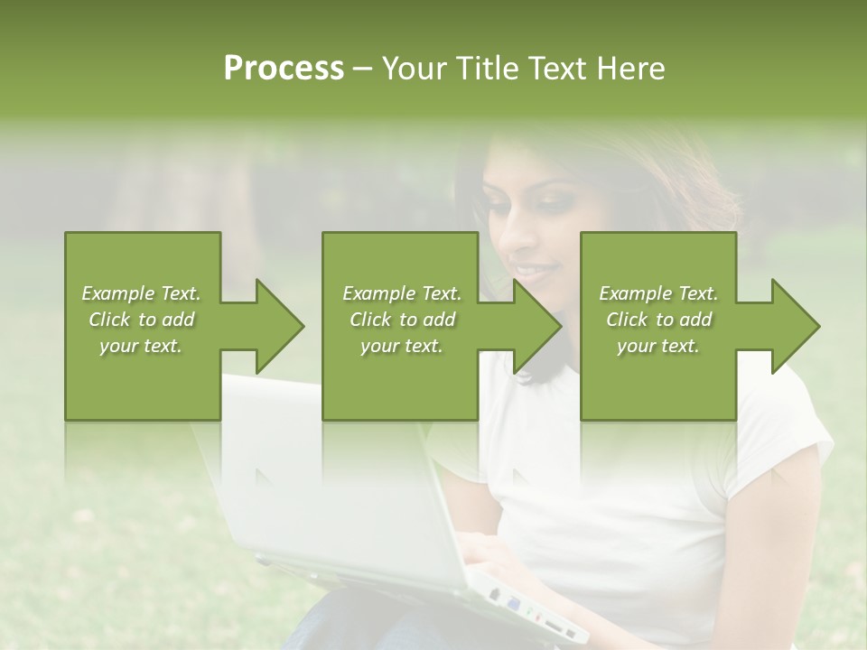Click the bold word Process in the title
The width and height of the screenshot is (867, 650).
pos(284,69)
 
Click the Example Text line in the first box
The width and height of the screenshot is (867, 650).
pos(142,293)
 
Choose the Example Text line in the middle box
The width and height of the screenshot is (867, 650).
pos(402,293)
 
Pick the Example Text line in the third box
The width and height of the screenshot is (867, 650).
pos(658,293)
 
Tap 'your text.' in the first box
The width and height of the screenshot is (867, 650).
pos(142,346)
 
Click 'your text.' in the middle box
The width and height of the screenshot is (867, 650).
pos(402,346)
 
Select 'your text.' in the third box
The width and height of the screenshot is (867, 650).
pos(658,346)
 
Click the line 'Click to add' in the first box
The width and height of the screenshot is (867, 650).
pos(142,320)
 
